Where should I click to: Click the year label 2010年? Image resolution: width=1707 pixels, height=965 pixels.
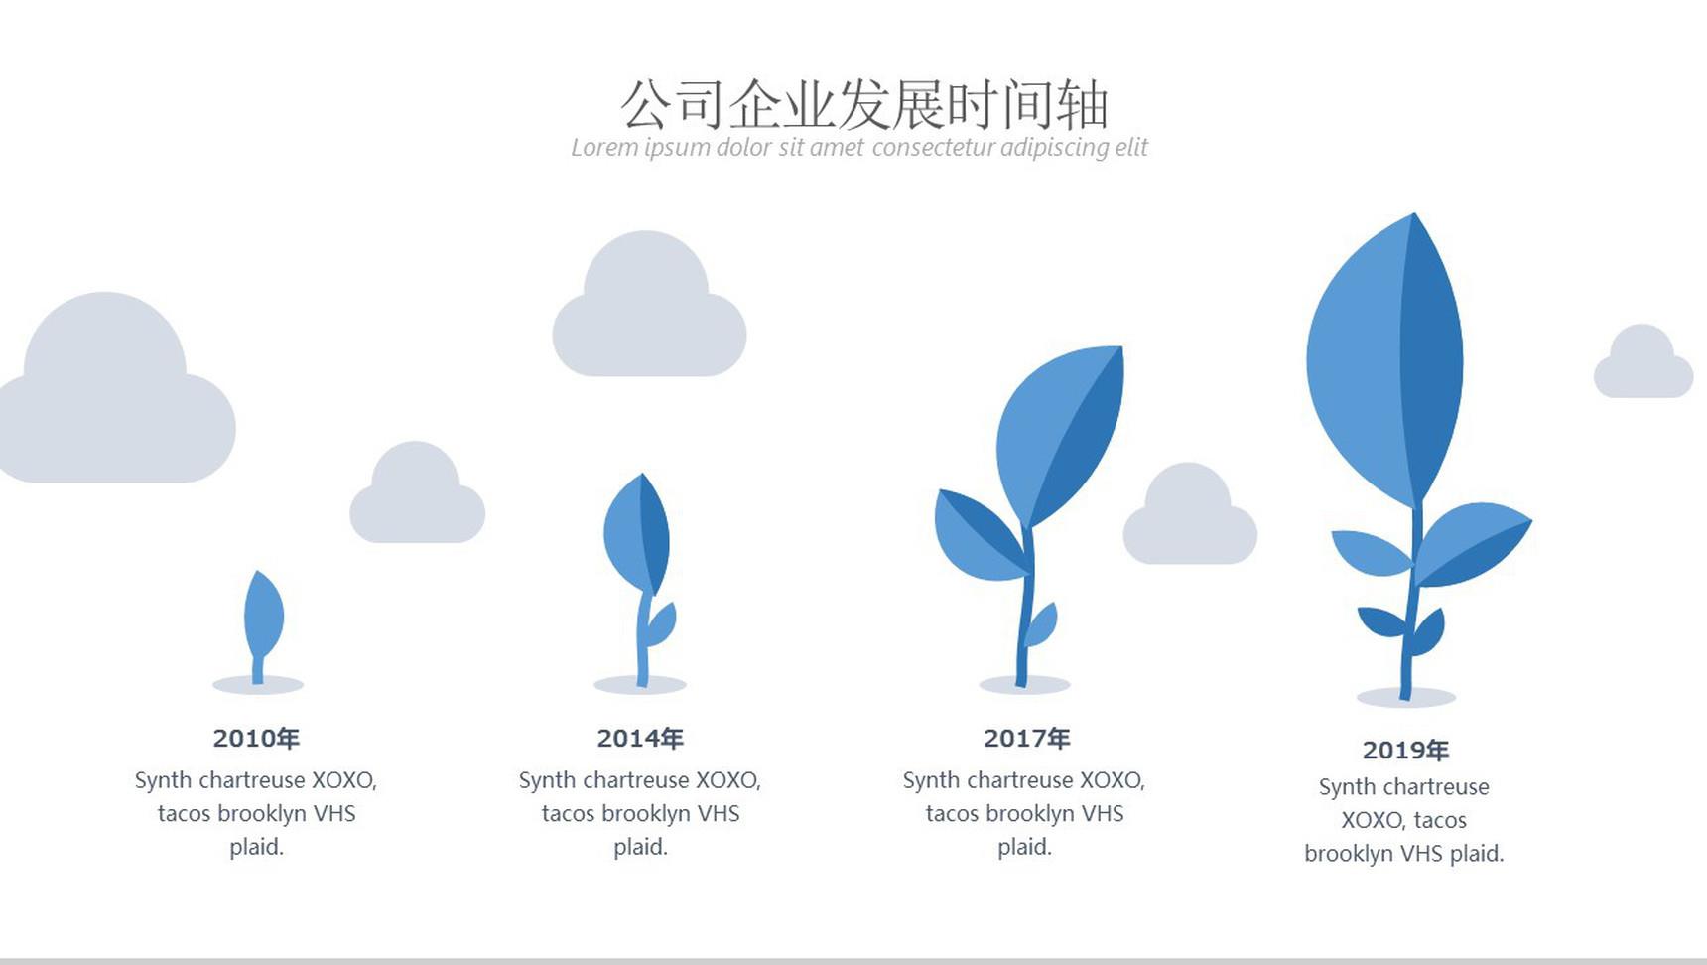(x=256, y=738)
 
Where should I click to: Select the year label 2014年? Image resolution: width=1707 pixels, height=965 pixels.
(x=640, y=738)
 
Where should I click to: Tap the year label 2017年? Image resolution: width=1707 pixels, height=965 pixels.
(x=1026, y=738)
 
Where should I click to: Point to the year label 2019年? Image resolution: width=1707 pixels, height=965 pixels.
(x=1405, y=750)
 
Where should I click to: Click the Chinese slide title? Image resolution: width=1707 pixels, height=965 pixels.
(x=863, y=104)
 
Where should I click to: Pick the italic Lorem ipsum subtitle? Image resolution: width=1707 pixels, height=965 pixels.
(x=859, y=148)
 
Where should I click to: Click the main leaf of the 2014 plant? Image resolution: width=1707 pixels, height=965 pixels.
(x=637, y=532)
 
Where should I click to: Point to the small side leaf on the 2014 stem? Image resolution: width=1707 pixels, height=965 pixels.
(x=660, y=624)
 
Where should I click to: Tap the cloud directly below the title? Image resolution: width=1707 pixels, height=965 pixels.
(x=649, y=305)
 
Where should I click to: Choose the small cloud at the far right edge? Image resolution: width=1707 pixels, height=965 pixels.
(x=1643, y=361)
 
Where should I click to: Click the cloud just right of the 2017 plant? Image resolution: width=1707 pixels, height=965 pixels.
(x=1190, y=514)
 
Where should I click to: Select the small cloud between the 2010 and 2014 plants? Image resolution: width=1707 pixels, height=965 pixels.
(x=417, y=493)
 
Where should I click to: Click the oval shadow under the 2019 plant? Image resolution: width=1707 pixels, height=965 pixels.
(x=1405, y=697)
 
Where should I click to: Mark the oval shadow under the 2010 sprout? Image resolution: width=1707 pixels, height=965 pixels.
(x=258, y=685)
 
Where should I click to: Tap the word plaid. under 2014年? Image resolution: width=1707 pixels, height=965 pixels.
(x=641, y=848)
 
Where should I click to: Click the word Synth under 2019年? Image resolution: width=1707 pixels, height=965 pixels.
(x=1344, y=787)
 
